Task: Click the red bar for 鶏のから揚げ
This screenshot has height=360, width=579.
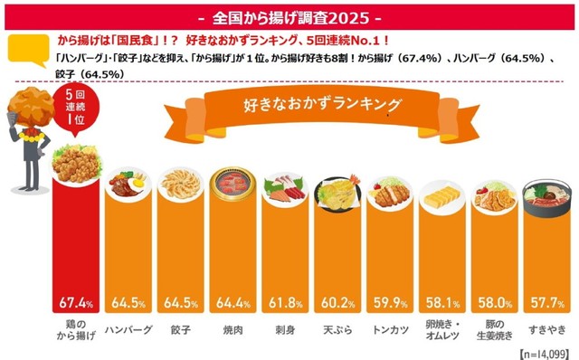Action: click(x=76, y=244)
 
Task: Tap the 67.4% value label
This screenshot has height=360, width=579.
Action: click(x=76, y=301)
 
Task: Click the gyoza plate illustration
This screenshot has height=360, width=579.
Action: click(x=179, y=185)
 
